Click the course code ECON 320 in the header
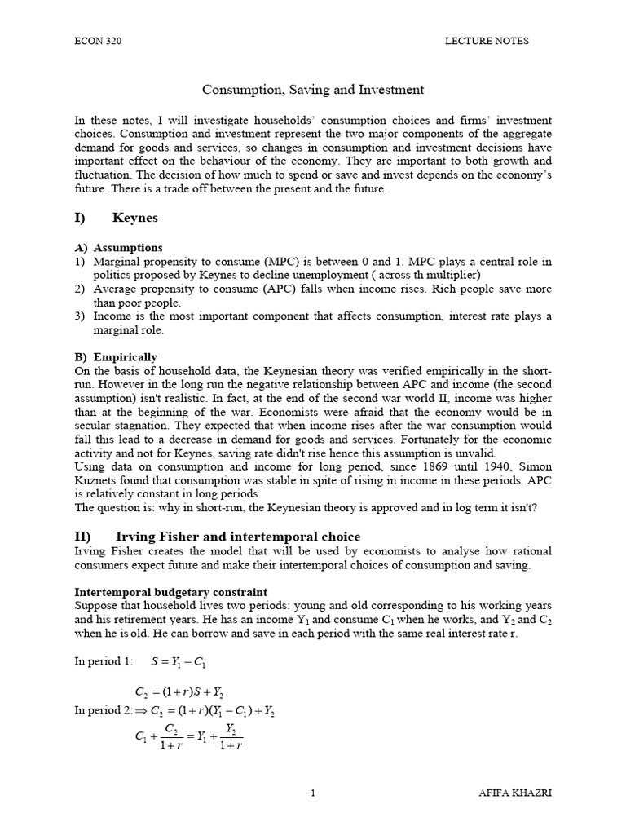tap(95, 41)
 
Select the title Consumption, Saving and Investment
tap(313, 89)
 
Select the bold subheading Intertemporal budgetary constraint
tap(170, 591)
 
